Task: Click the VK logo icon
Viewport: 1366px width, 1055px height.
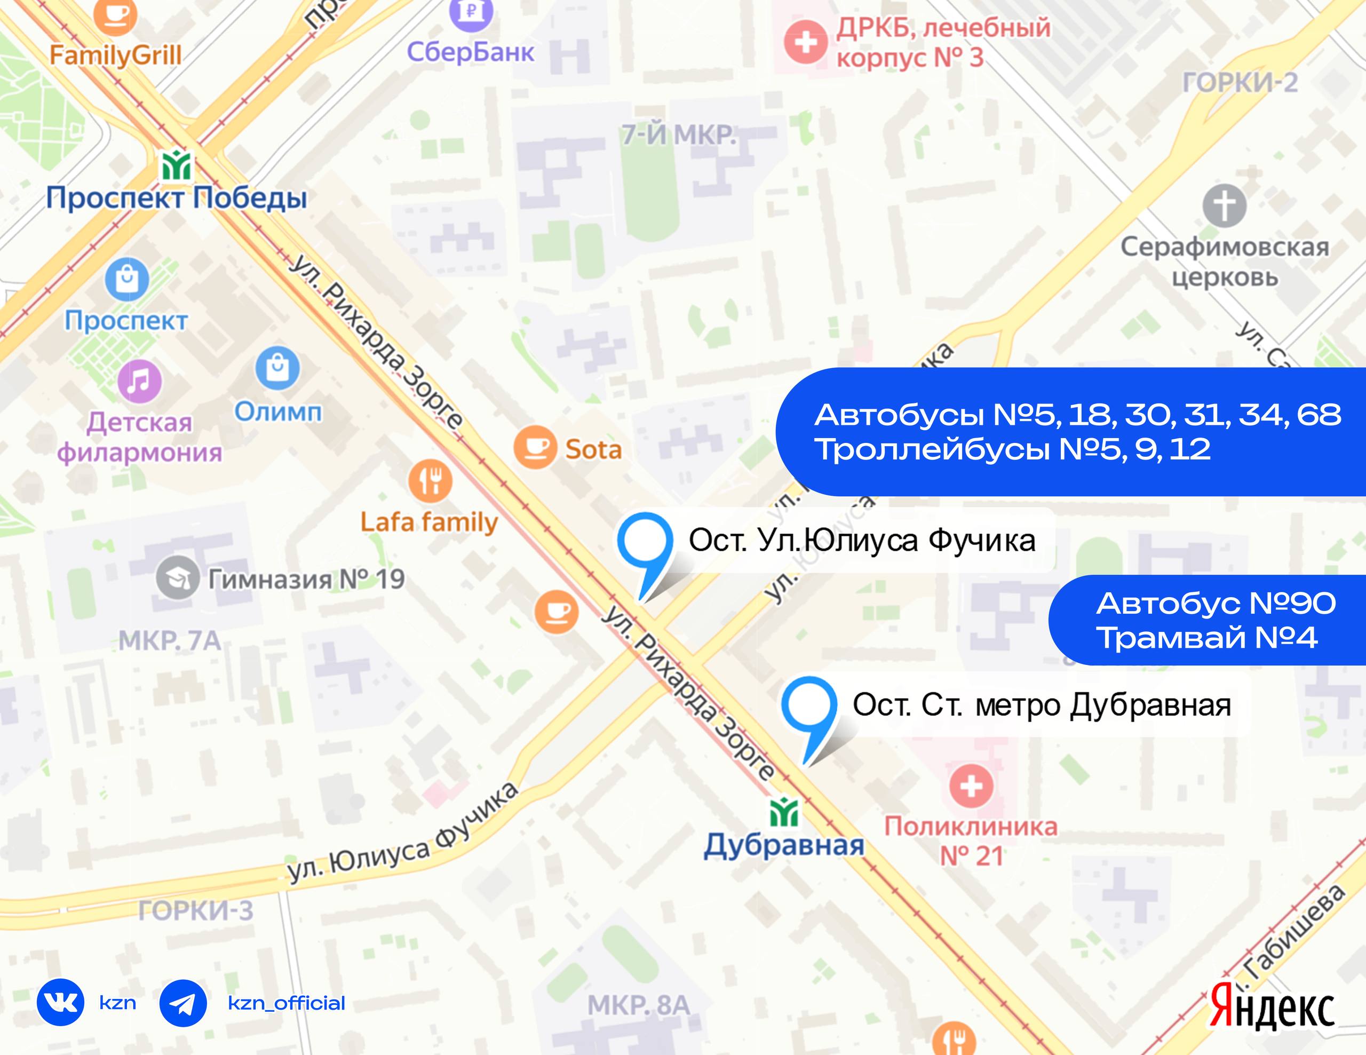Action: point(61,1003)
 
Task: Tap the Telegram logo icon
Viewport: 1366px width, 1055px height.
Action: point(182,1003)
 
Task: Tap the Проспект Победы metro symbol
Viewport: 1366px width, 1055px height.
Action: point(177,166)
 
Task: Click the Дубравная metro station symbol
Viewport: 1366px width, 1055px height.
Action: point(784,813)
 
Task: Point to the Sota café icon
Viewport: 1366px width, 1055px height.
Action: point(535,447)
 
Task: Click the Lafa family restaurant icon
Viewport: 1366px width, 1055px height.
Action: point(430,480)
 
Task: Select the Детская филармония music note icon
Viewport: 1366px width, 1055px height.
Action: point(139,381)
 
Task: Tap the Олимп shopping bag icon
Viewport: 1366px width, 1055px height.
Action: point(277,368)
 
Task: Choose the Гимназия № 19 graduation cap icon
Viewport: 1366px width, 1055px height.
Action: point(178,578)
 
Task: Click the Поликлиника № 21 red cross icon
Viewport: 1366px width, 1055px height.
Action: point(971,786)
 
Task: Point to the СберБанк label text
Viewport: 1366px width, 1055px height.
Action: point(470,52)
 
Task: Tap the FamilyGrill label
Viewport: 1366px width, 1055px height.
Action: point(116,55)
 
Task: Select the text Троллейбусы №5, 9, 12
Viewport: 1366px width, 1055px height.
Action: point(1013,449)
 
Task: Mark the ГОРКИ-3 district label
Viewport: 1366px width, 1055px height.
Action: point(196,910)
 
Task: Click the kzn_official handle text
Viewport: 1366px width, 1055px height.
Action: point(287,1003)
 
